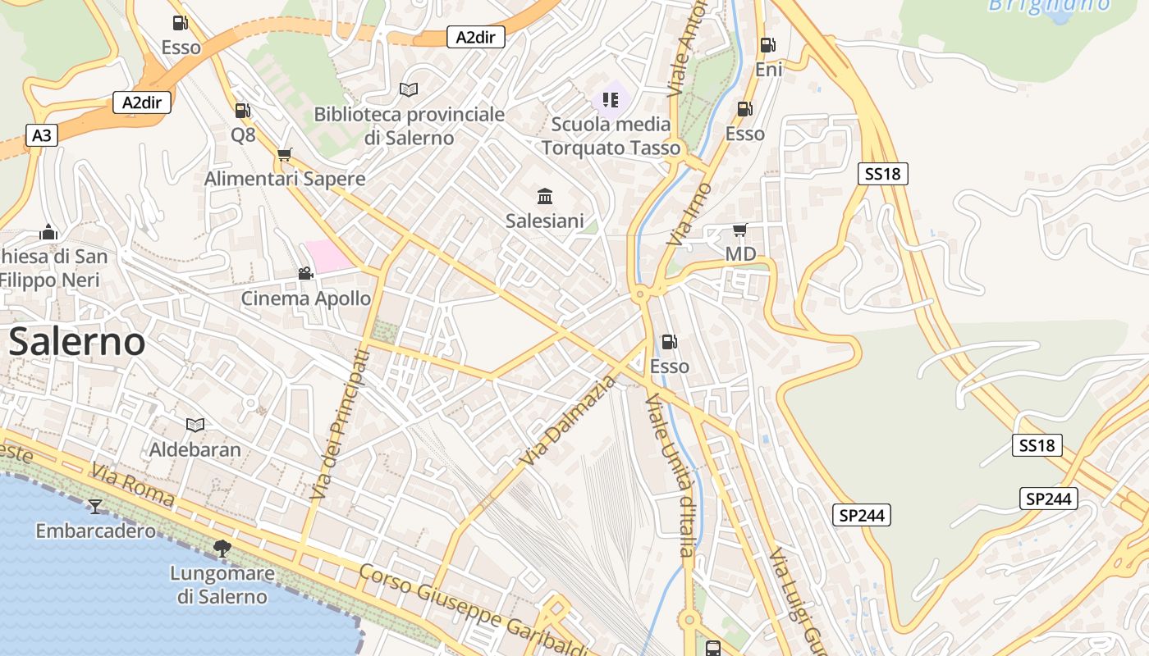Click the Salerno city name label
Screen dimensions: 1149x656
click(77, 342)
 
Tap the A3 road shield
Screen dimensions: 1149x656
click(41, 135)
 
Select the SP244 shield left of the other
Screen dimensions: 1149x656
click(862, 515)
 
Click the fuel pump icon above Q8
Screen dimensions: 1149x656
click(242, 111)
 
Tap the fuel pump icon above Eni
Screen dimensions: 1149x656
click(767, 45)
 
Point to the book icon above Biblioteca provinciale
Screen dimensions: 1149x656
click(409, 89)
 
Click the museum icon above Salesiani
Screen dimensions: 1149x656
click(545, 196)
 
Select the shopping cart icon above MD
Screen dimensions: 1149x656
click(739, 230)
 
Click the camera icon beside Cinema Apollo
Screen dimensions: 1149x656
click(305, 273)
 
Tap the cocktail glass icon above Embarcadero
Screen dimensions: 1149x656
click(95, 506)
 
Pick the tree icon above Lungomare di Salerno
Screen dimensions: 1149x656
click(222, 548)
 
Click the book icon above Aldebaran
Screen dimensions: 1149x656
click(195, 425)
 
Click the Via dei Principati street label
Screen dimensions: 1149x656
click(340, 424)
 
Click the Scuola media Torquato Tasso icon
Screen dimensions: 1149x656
click(611, 100)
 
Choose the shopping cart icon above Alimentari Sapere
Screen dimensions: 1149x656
click(285, 154)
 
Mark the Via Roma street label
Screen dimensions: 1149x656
click(133, 484)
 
